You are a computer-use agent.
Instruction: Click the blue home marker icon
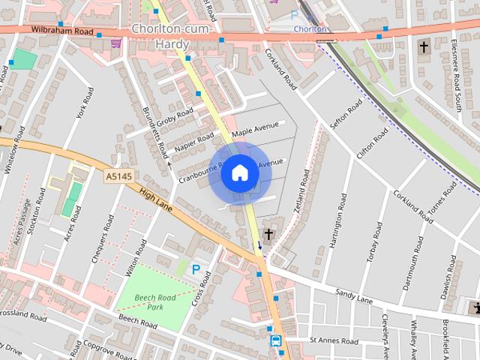pos(239,173)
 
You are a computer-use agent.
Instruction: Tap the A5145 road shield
pos(118,175)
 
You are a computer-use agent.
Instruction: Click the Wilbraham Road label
pos(62,31)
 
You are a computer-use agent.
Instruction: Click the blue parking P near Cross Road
pos(196,269)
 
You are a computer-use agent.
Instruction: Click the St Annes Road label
pos(334,340)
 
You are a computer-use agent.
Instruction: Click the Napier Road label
pos(194,145)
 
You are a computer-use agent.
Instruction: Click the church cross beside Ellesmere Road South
pos(424,47)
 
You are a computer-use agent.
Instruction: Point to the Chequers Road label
pos(102,238)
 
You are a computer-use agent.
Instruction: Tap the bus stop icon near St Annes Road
pos(276,341)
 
